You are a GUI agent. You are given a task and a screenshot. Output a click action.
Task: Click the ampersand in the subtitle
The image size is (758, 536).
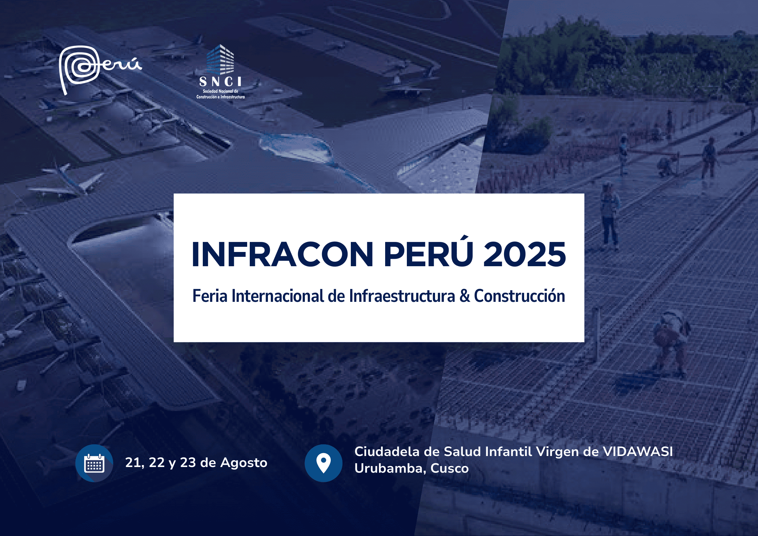465,296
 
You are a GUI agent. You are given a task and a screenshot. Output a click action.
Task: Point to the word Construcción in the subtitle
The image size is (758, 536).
519,296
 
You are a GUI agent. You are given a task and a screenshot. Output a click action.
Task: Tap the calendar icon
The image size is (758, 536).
94,463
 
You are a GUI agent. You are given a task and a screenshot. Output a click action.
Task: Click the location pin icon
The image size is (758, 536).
323,463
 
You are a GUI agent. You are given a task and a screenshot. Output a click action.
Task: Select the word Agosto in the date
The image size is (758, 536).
244,463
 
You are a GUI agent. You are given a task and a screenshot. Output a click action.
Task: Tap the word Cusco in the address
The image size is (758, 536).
449,468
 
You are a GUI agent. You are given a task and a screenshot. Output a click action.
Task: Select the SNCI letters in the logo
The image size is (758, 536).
220,81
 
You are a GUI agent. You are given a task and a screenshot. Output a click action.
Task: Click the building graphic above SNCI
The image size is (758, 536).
220,59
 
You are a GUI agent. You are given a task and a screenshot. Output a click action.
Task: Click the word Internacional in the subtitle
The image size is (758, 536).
277,296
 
